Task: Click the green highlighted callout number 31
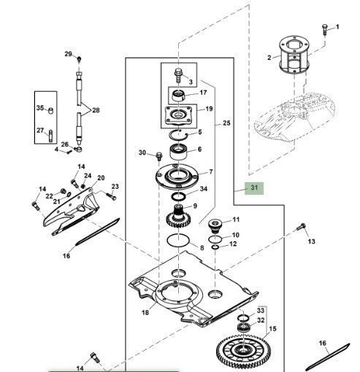click(254, 188)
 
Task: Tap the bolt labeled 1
click(324, 29)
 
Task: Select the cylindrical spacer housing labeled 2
click(294, 54)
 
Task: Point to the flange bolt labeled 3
click(178, 75)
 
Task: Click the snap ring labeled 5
click(179, 135)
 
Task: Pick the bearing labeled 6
click(178, 152)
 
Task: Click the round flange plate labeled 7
click(177, 177)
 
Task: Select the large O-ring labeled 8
click(178, 240)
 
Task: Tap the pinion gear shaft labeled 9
click(179, 216)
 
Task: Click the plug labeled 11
click(215, 226)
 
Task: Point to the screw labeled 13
click(301, 227)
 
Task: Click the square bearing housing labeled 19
click(178, 115)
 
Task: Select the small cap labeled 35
click(50, 111)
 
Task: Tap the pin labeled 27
click(50, 136)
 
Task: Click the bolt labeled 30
click(159, 156)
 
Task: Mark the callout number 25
click(226, 123)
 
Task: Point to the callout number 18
click(145, 312)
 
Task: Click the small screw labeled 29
click(79, 59)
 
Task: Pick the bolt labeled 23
click(111, 195)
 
